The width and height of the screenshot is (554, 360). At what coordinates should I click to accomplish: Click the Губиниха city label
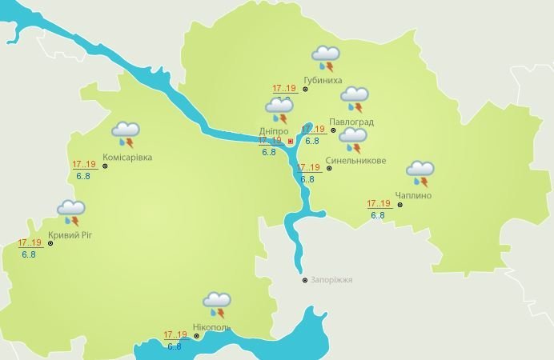(323, 81)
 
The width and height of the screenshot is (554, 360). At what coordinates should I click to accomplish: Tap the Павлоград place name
(351, 122)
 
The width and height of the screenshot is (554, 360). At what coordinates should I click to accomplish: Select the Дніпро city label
(275, 131)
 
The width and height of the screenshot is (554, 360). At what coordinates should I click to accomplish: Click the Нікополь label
(211, 327)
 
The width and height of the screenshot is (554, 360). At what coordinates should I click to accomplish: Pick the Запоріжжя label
(332, 280)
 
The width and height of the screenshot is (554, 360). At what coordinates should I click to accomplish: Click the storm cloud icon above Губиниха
(326, 57)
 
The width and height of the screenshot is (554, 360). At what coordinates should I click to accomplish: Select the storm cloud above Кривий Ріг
(71, 212)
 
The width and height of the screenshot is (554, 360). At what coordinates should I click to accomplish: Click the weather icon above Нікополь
(216, 303)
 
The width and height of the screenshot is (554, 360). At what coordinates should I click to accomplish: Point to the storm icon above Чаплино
(420, 171)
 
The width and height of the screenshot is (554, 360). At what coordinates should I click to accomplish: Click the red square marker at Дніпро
(291, 142)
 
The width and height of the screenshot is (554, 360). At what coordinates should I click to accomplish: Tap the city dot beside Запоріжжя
(304, 280)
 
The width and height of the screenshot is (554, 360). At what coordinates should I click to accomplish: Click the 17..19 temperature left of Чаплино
(379, 203)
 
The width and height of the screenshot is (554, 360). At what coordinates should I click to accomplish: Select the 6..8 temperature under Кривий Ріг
(29, 254)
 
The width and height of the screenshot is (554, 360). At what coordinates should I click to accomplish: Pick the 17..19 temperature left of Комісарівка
(84, 165)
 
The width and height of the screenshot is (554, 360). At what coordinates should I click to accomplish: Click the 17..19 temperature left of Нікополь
(175, 334)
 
